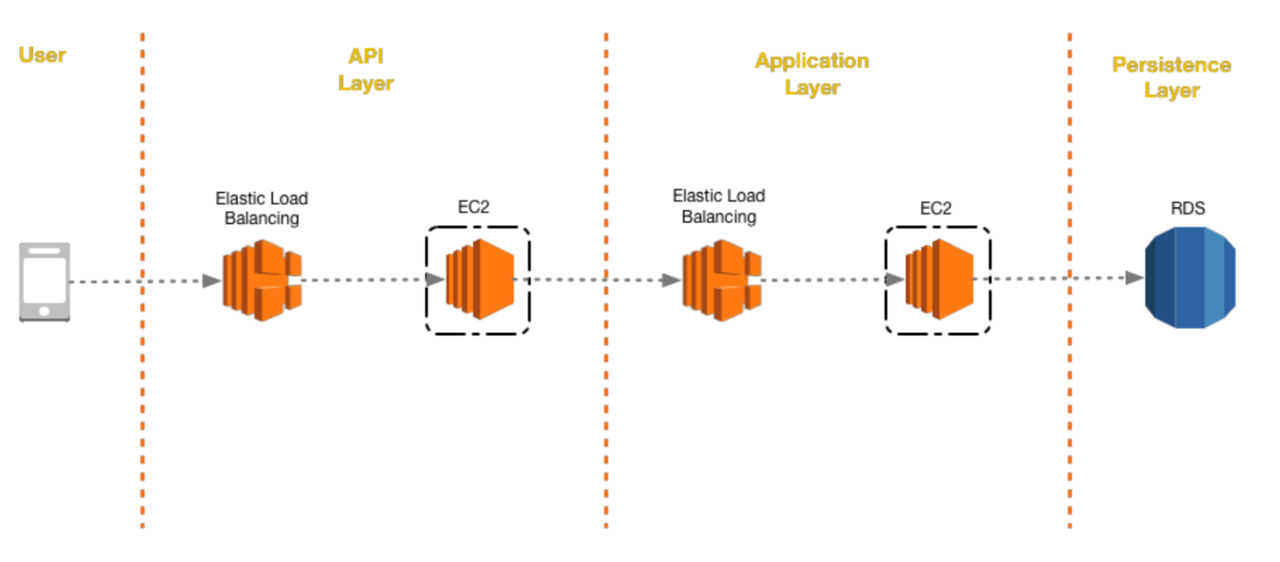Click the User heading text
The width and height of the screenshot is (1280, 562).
tap(42, 55)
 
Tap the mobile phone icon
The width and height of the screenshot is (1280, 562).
tap(44, 282)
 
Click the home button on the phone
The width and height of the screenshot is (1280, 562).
tap(44, 311)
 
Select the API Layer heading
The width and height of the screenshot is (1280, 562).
tap(365, 69)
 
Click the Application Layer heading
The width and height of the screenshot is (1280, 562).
tap(812, 74)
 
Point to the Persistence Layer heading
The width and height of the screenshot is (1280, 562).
tap(1171, 77)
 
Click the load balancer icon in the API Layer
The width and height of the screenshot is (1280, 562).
tap(262, 280)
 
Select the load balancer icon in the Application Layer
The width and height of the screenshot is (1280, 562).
tap(721, 280)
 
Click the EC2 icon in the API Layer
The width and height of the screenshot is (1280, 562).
tap(480, 280)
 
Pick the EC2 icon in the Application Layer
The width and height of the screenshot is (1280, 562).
tap(939, 280)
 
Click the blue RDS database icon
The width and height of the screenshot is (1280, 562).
tap(1189, 277)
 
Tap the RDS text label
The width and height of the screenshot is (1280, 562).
tap(1188, 208)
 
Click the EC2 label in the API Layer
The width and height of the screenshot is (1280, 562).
tap(473, 207)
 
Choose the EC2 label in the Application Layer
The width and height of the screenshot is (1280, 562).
tap(935, 208)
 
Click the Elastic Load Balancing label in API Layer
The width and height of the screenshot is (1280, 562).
tap(261, 208)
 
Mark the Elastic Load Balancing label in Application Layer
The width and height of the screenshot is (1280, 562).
tap(718, 206)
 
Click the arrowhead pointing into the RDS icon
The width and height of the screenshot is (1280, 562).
tap(1134, 278)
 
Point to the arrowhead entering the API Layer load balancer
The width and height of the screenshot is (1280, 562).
tap(211, 280)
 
